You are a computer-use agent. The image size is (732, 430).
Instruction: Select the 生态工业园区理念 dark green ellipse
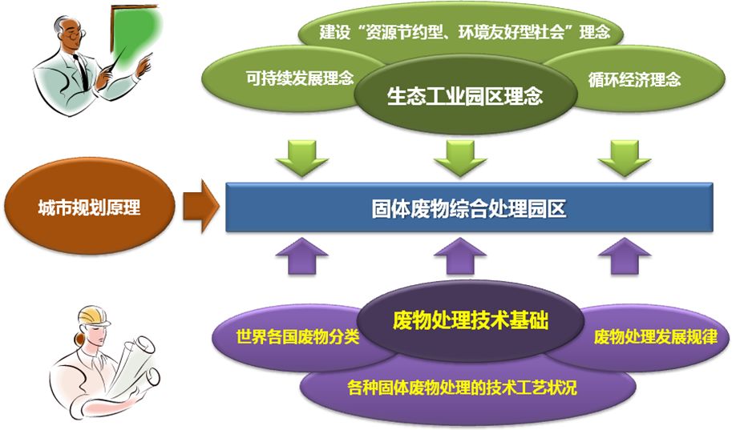click(x=465, y=97)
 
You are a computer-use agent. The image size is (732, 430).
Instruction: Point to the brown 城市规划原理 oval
click(x=89, y=208)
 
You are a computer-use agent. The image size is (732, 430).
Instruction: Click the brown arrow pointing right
click(x=200, y=208)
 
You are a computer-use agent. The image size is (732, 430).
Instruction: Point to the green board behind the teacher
click(x=135, y=36)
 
